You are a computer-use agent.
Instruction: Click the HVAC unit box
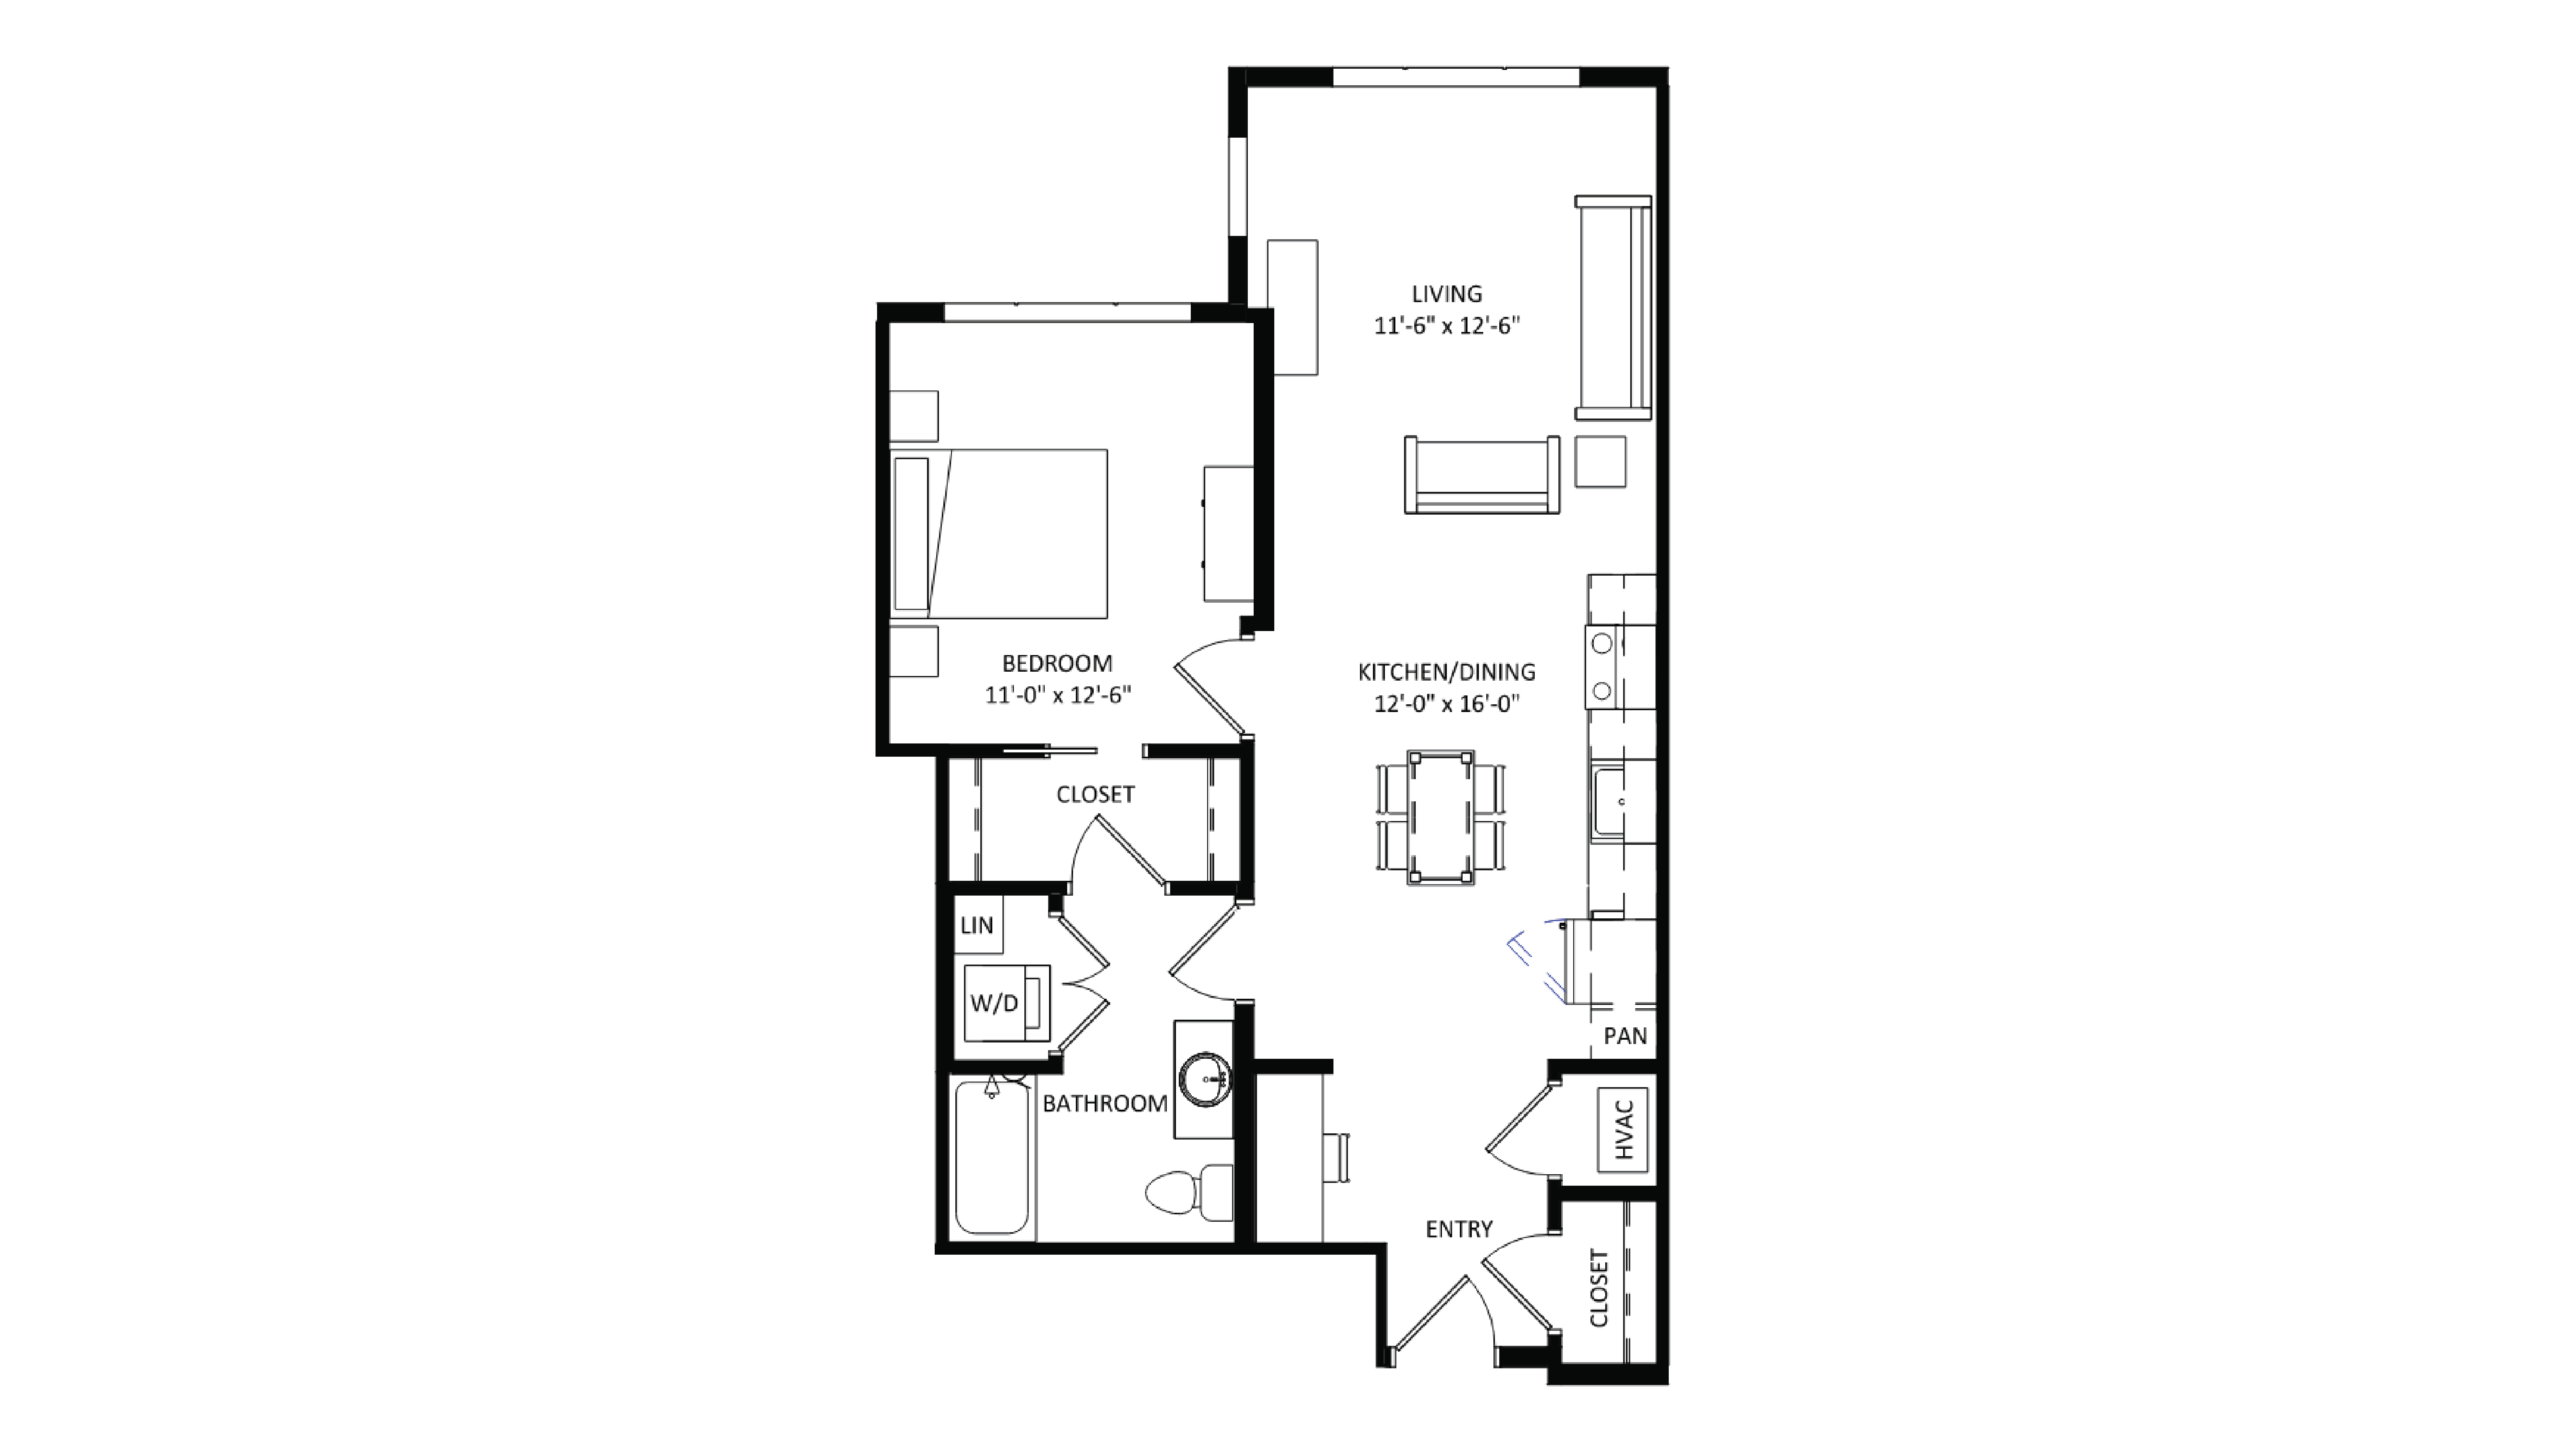pos(1622,1129)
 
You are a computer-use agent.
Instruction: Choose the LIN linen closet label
pos(977,926)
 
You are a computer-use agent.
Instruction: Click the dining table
pos(1440,817)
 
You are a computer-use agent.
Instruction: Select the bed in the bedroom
pos(1000,533)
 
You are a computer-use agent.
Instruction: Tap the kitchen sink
pos(1607,802)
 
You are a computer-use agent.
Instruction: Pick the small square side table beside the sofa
pos(1600,461)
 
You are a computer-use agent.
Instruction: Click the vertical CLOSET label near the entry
pos(1599,1289)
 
